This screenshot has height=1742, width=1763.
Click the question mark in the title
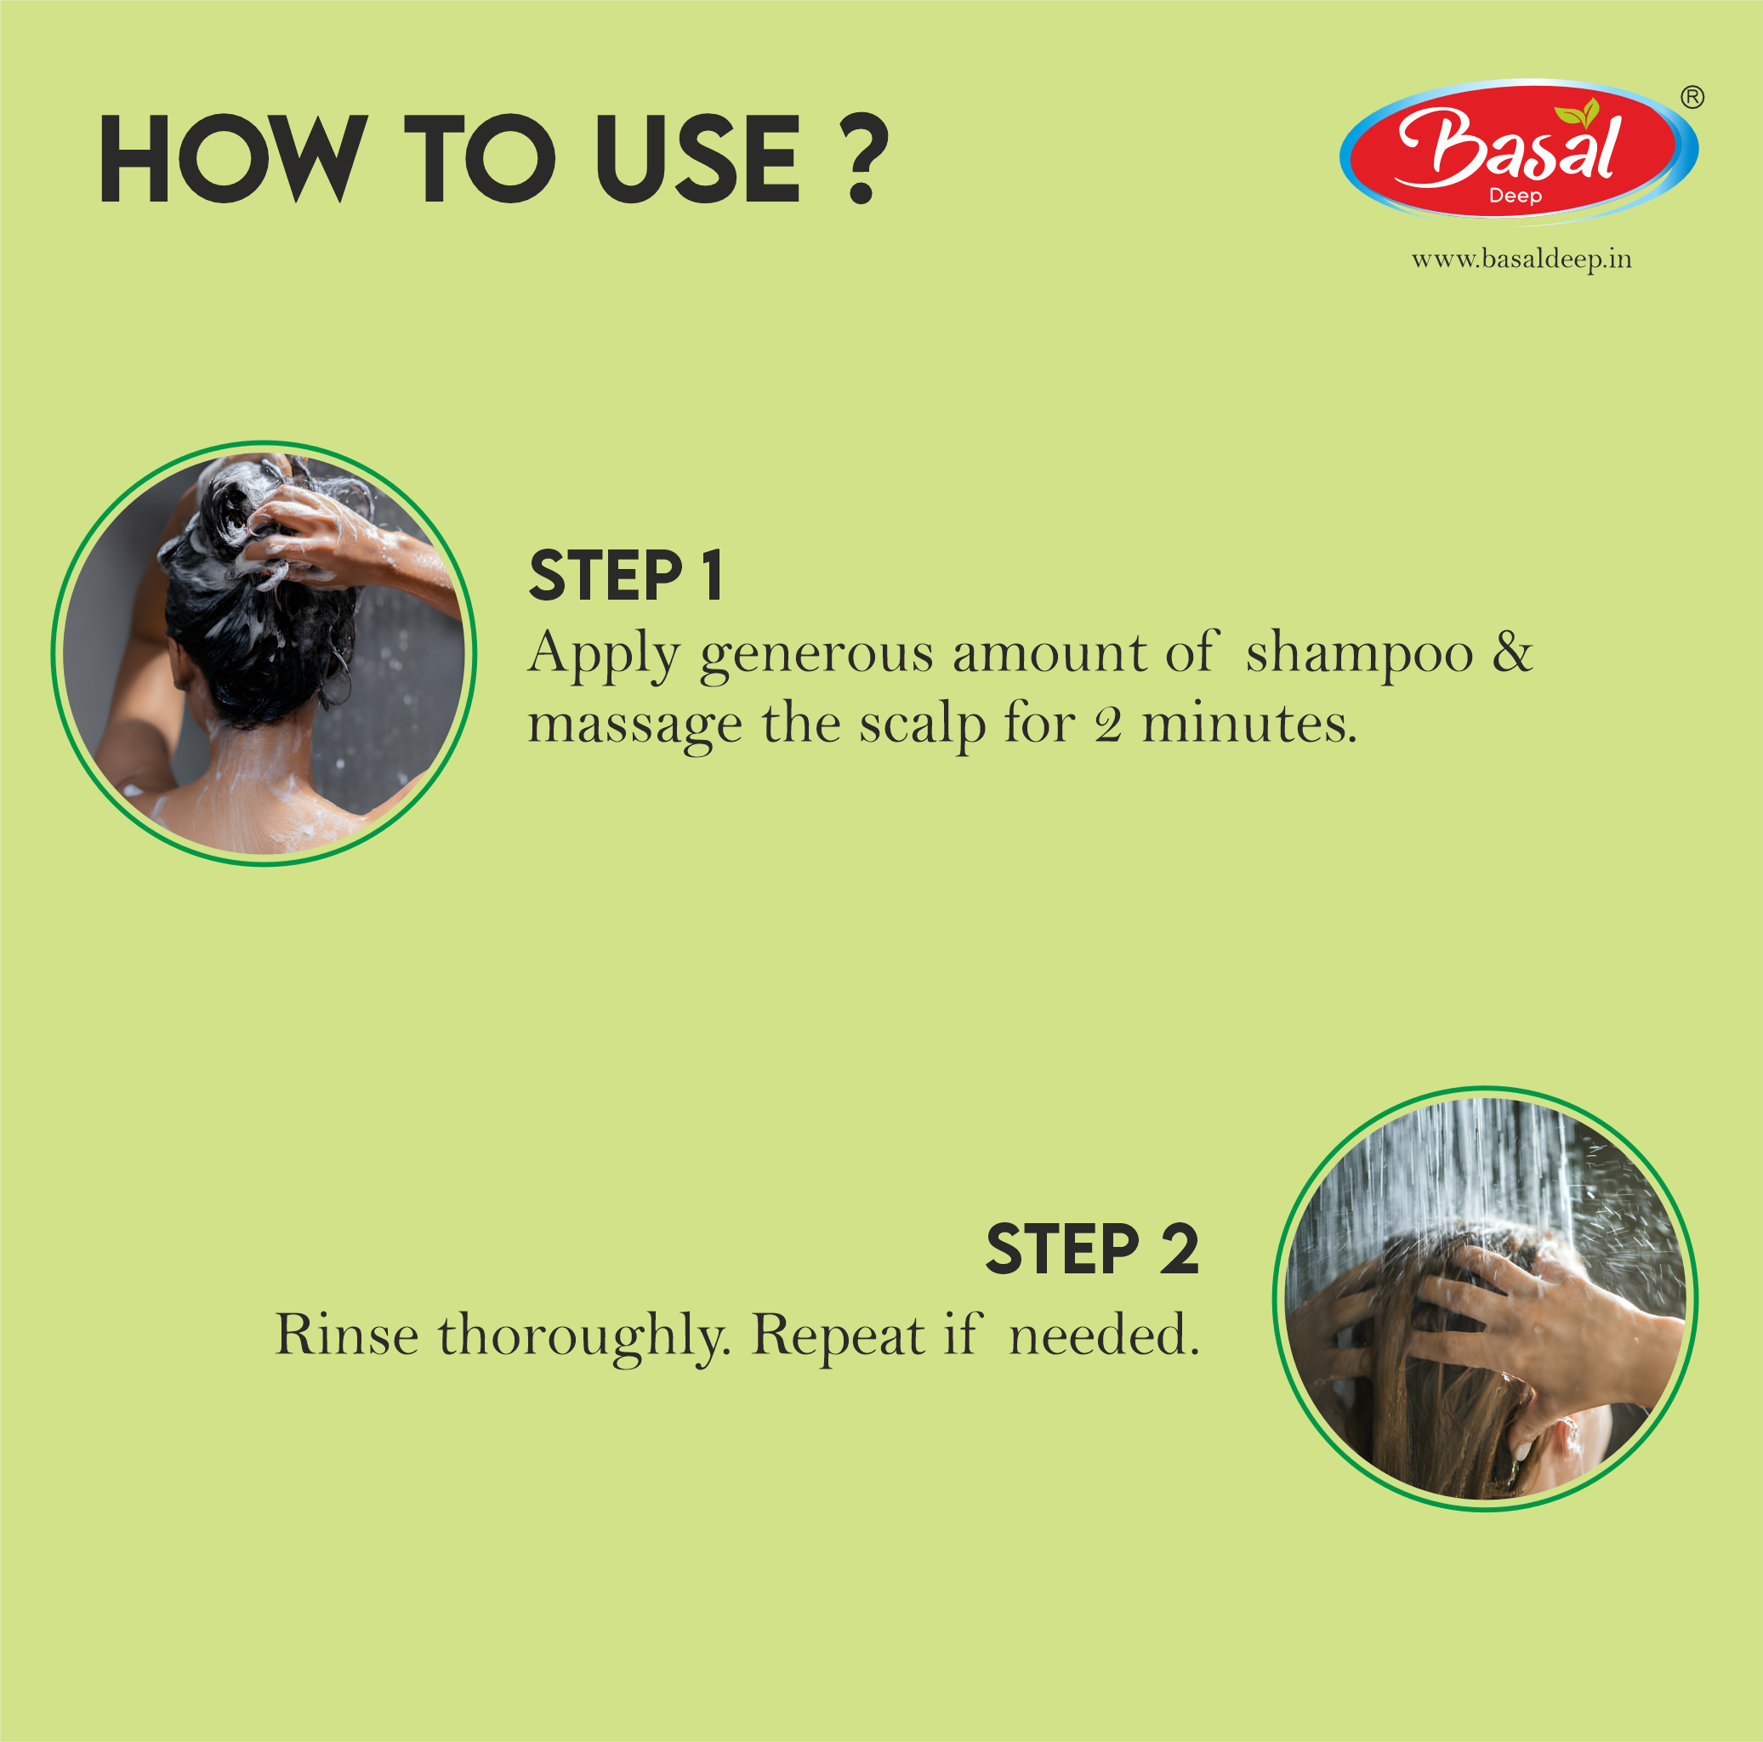point(861,158)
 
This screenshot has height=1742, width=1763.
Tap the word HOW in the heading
point(233,160)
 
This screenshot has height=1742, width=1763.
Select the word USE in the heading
point(698,160)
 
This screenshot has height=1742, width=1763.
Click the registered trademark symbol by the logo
point(1692,98)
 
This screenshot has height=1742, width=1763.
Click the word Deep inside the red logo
point(1515,196)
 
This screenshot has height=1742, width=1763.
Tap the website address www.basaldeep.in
point(1521,260)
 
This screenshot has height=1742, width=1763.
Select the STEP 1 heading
point(626,577)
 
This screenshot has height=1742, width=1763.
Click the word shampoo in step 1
point(1359,653)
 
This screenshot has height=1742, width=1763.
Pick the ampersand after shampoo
point(1512,652)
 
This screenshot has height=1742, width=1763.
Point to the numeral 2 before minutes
point(1108,726)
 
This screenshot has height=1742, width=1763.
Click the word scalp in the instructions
point(922,726)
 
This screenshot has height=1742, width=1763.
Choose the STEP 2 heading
point(1091,1250)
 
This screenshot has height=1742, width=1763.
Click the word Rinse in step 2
point(347,1335)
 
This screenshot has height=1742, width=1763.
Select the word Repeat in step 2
point(838,1337)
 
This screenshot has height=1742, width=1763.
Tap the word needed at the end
point(1103,1335)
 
